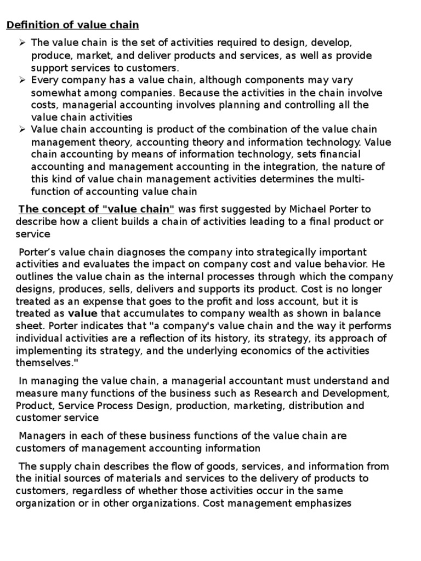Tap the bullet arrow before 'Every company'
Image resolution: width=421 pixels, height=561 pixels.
22,81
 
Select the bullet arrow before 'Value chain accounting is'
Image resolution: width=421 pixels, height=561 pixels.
22,130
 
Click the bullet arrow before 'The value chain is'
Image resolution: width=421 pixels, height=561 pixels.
22,43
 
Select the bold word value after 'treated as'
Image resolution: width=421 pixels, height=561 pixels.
82,314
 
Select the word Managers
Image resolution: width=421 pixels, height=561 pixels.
40,436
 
